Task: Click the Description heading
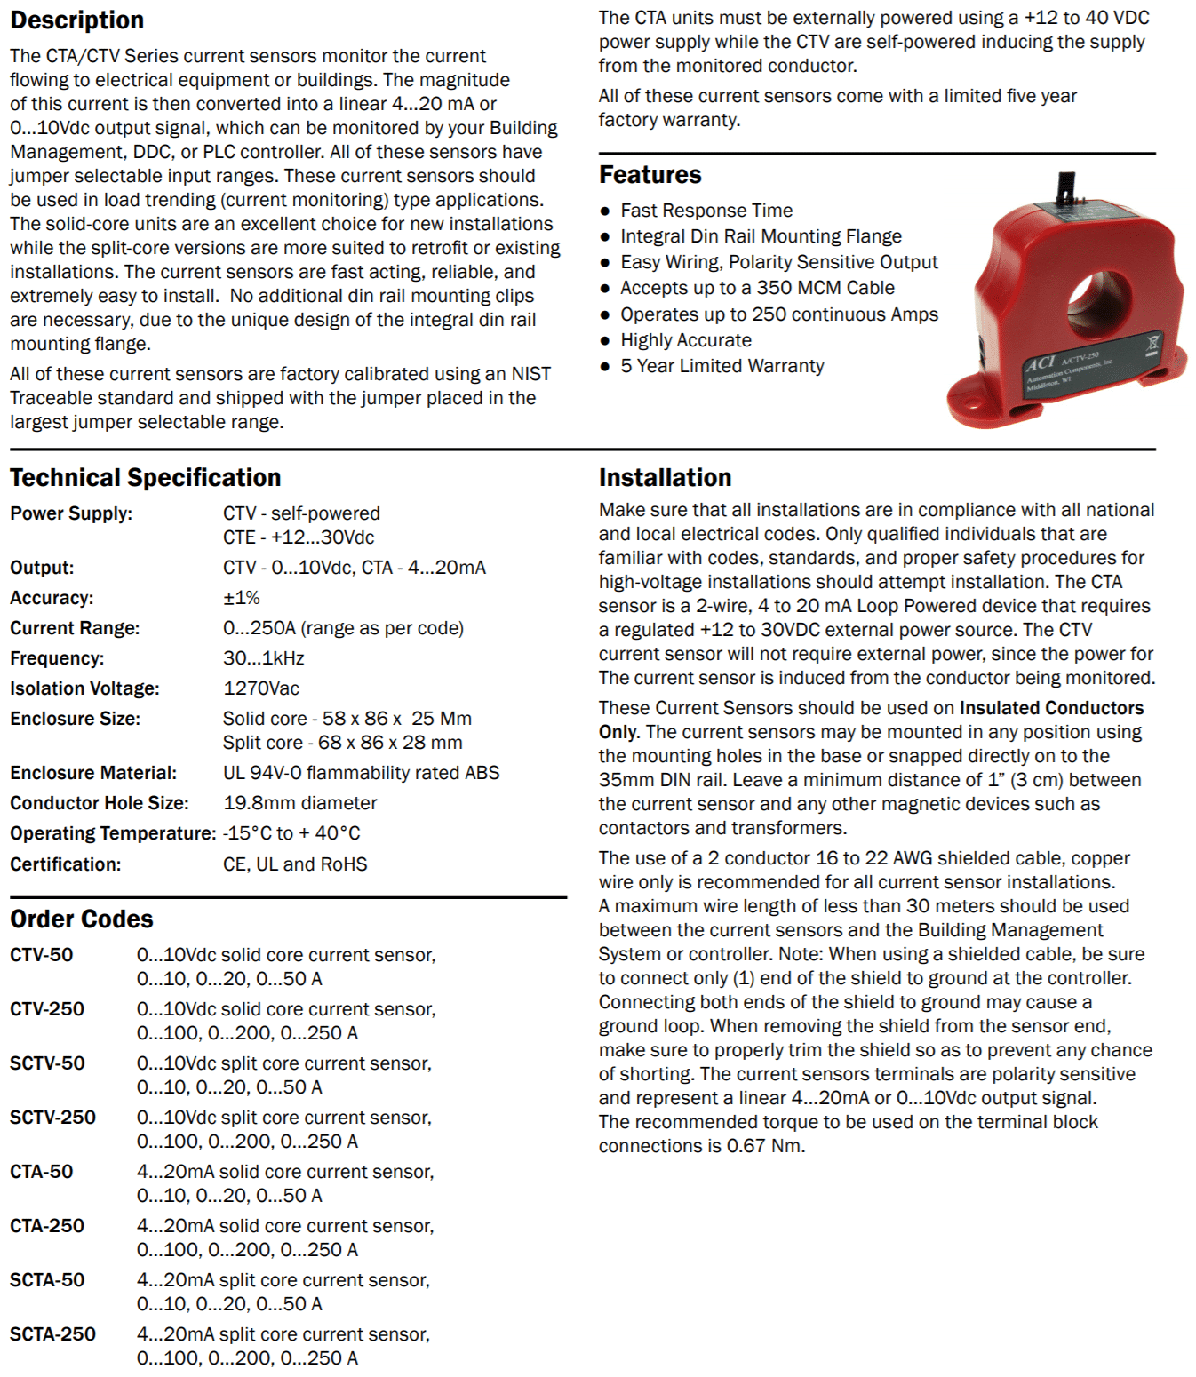tap(76, 20)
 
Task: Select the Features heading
tap(650, 175)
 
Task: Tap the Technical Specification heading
tap(145, 478)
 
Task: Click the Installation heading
tap(665, 478)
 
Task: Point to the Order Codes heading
tap(81, 919)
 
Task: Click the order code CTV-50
tap(41, 955)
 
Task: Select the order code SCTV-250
tap(52, 1118)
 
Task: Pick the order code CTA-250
tap(46, 1226)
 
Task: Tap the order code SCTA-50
tap(46, 1280)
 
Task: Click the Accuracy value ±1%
tap(241, 598)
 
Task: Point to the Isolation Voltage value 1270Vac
tap(261, 688)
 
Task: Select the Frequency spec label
tap(57, 658)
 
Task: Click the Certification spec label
tap(65, 864)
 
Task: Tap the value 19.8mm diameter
tap(299, 803)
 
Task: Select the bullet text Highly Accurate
tap(685, 340)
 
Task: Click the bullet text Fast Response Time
tap(706, 211)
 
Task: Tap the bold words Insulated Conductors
tap(1051, 708)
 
